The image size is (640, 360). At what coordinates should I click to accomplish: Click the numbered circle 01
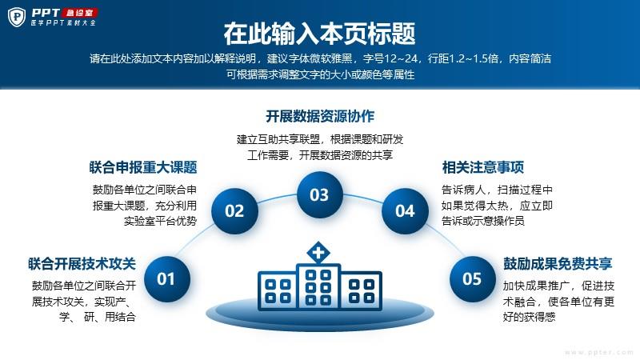(x=167, y=278)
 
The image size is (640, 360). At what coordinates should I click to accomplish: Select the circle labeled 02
(x=234, y=210)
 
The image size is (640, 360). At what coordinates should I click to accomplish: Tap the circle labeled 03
(x=319, y=194)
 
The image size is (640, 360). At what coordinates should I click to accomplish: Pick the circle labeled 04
(x=405, y=210)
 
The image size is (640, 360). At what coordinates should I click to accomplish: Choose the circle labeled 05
(x=473, y=278)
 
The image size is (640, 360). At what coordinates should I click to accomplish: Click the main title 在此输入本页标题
(x=319, y=34)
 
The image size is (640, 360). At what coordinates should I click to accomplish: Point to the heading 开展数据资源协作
(x=320, y=116)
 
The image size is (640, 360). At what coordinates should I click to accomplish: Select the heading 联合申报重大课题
(x=143, y=167)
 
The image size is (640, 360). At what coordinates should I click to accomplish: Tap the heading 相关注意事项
(x=483, y=167)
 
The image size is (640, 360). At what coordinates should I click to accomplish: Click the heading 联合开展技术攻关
(x=82, y=264)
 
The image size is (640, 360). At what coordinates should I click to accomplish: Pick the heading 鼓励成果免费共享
(x=558, y=264)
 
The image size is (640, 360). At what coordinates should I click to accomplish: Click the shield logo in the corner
(x=17, y=17)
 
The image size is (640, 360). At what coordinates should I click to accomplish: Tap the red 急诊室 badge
(x=80, y=13)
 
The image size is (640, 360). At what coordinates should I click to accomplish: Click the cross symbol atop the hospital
(x=318, y=253)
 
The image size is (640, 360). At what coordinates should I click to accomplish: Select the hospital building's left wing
(x=277, y=290)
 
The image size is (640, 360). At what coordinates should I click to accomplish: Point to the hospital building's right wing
(x=362, y=290)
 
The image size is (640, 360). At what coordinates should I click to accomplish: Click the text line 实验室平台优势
(x=161, y=221)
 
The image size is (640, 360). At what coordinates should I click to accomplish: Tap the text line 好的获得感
(x=530, y=317)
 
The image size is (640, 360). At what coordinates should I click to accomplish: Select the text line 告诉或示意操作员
(x=483, y=221)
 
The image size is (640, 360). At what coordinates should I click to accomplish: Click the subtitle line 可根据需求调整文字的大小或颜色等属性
(x=321, y=74)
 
